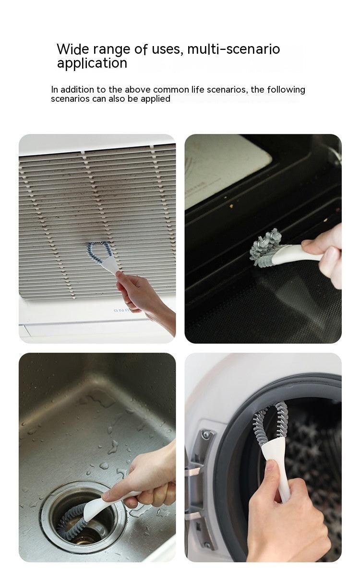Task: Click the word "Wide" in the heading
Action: [x=71, y=49]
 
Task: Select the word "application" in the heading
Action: [x=92, y=63]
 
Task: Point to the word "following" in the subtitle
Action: [x=286, y=90]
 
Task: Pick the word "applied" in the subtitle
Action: [x=155, y=99]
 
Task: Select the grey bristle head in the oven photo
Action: [x=266, y=246]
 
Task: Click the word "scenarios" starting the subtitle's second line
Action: [x=70, y=99]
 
